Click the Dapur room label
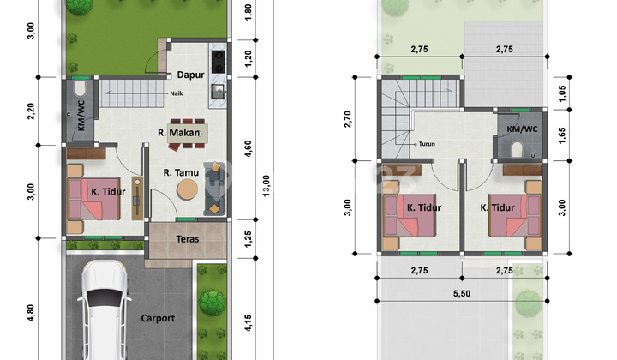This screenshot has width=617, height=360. [190, 75]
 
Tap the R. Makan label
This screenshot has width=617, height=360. [177, 132]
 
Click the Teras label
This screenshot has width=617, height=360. [188, 238]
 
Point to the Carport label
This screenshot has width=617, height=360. [158, 318]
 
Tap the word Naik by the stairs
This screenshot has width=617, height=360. [177, 93]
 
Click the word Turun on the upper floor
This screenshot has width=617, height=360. [427, 144]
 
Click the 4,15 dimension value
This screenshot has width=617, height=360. [247, 323]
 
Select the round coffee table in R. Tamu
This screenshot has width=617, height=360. [186, 189]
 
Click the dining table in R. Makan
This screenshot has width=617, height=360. [188, 133]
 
